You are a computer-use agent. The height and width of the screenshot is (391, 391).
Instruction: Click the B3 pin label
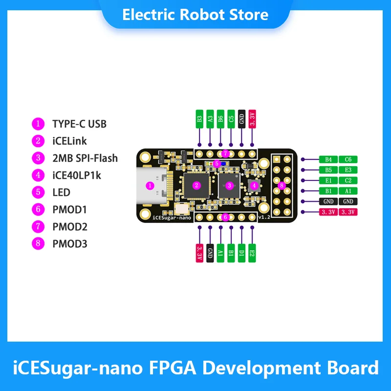[199, 119]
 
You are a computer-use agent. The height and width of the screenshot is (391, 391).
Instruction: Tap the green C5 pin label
[231, 119]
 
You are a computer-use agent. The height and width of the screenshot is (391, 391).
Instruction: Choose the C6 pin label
[348, 159]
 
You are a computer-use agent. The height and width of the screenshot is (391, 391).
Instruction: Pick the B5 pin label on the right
[328, 170]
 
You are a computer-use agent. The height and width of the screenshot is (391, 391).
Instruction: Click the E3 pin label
[348, 170]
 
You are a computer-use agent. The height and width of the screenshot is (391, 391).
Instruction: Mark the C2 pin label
[348, 180]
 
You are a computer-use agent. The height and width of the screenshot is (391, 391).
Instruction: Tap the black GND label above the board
[241, 119]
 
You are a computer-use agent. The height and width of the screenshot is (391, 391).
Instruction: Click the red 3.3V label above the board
[252, 119]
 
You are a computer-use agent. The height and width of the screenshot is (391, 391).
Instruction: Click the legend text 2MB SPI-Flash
[85, 158]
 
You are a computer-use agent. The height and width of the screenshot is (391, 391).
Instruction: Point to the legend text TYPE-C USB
[79, 124]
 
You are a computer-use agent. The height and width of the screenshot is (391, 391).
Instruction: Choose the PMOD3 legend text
[69, 243]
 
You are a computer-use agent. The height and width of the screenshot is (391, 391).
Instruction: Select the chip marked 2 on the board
[196, 185]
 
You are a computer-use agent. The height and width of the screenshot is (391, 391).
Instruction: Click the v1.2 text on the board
[264, 217]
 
